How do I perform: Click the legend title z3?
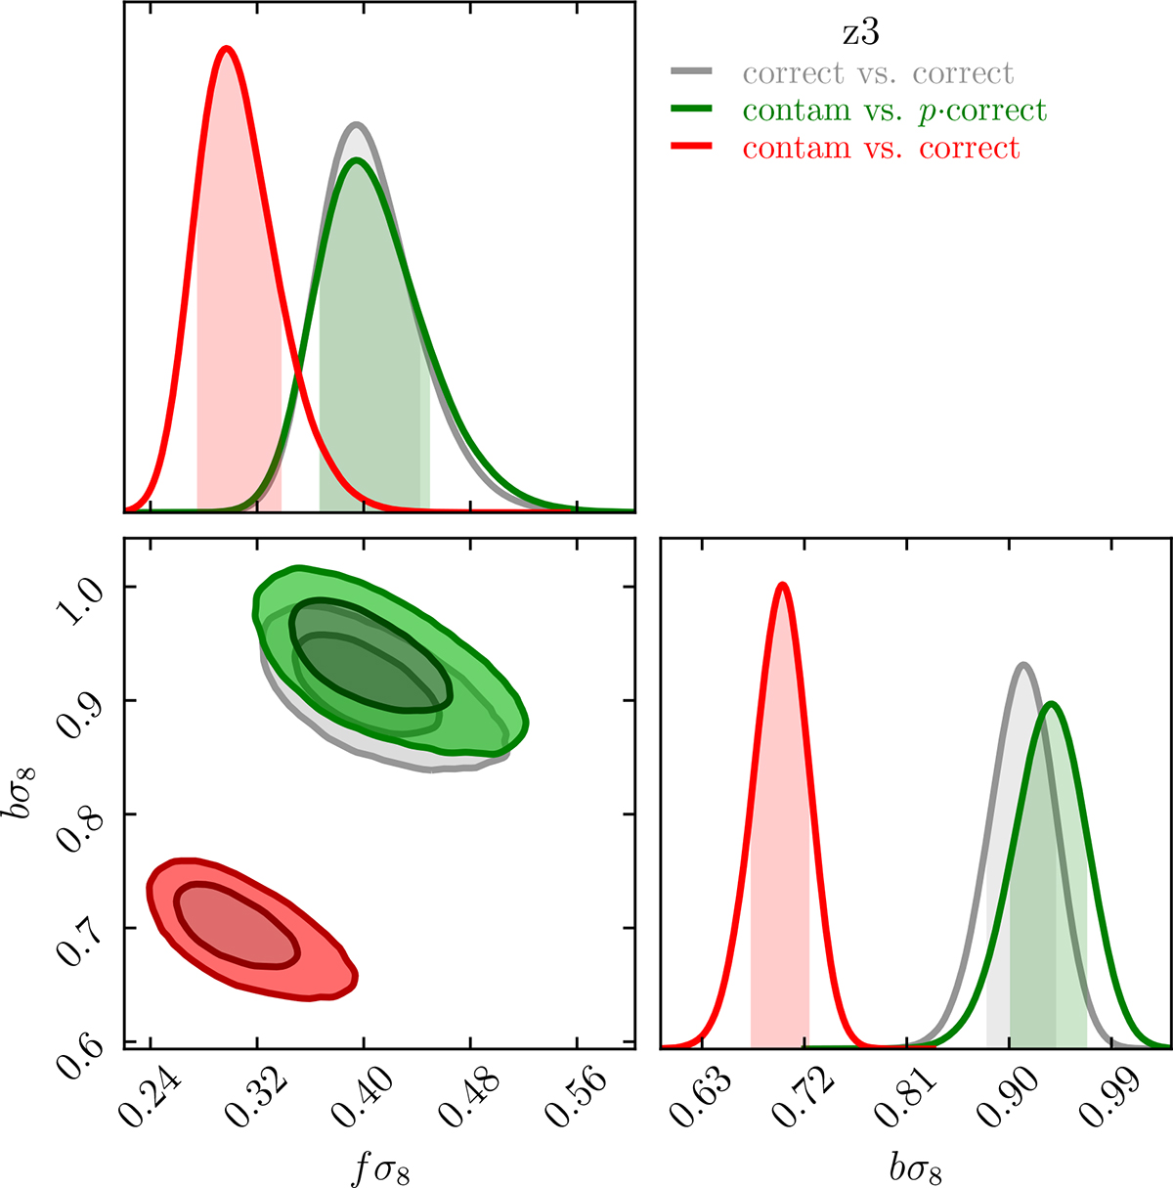pyautogui.click(x=861, y=33)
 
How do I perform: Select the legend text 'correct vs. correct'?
pyautogui.click(x=878, y=73)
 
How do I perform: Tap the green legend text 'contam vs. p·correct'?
pyautogui.click(x=894, y=110)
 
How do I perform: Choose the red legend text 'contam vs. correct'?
pyautogui.click(x=881, y=148)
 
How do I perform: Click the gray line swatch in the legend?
pyautogui.click(x=692, y=72)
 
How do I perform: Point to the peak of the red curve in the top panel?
pyautogui.click(x=227, y=48)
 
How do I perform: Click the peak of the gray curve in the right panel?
pyautogui.click(x=1023, y=665)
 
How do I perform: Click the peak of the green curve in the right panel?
pyautogui.click(x=1052, y=703)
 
